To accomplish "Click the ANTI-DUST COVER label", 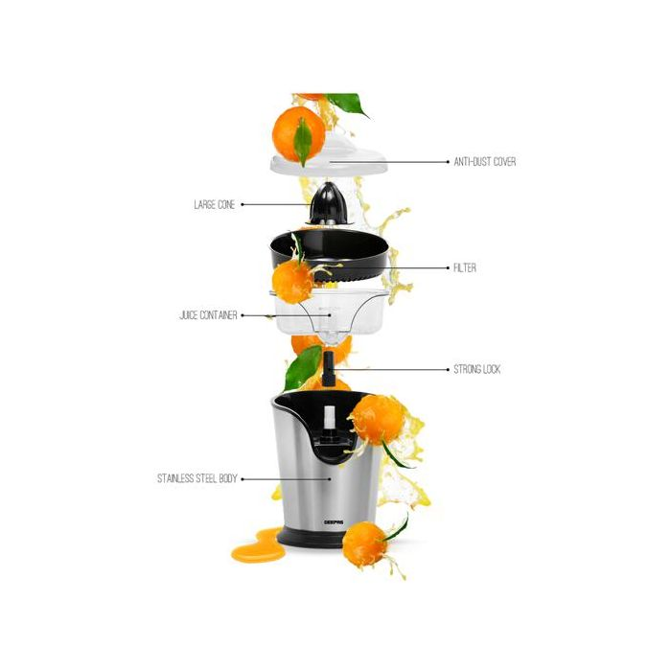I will point(484,162).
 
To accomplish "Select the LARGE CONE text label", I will point(214,204).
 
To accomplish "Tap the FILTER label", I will point(464,268).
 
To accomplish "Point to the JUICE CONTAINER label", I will point(208,314).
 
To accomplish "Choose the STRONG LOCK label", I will point(476,369).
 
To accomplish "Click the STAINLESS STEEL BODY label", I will point(197,477).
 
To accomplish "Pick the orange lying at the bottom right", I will point(365,544).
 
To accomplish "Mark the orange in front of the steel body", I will point(379,420).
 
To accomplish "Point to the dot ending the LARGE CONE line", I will point(243,204).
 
